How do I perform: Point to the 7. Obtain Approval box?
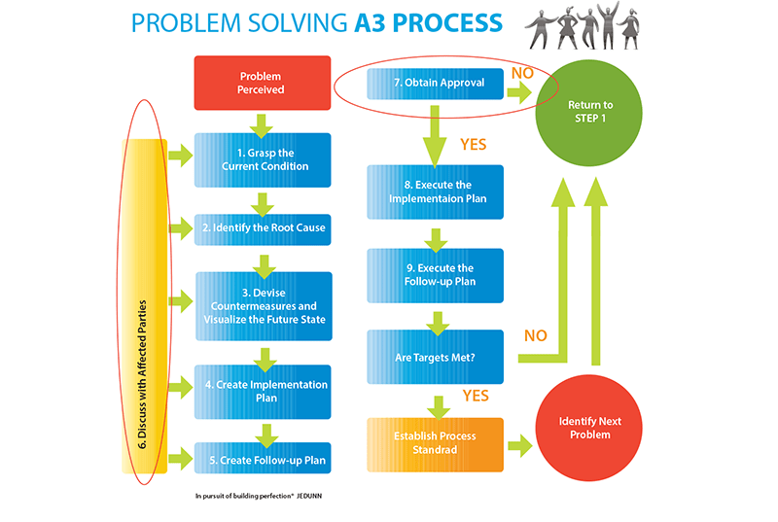coord(435,85)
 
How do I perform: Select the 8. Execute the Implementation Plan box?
coord(435,191)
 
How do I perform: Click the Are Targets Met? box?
coord(435,357)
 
